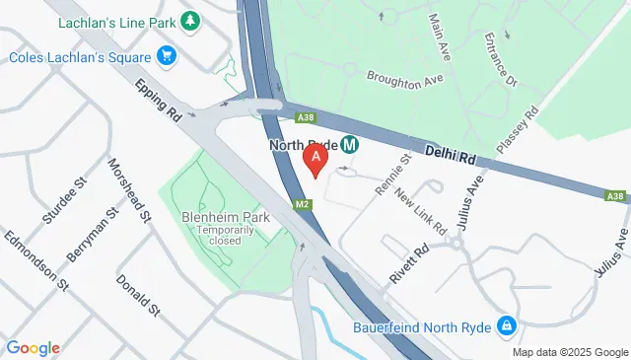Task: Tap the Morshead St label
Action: point(129,189)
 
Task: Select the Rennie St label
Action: point(391,174)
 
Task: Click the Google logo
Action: point(33,347)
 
